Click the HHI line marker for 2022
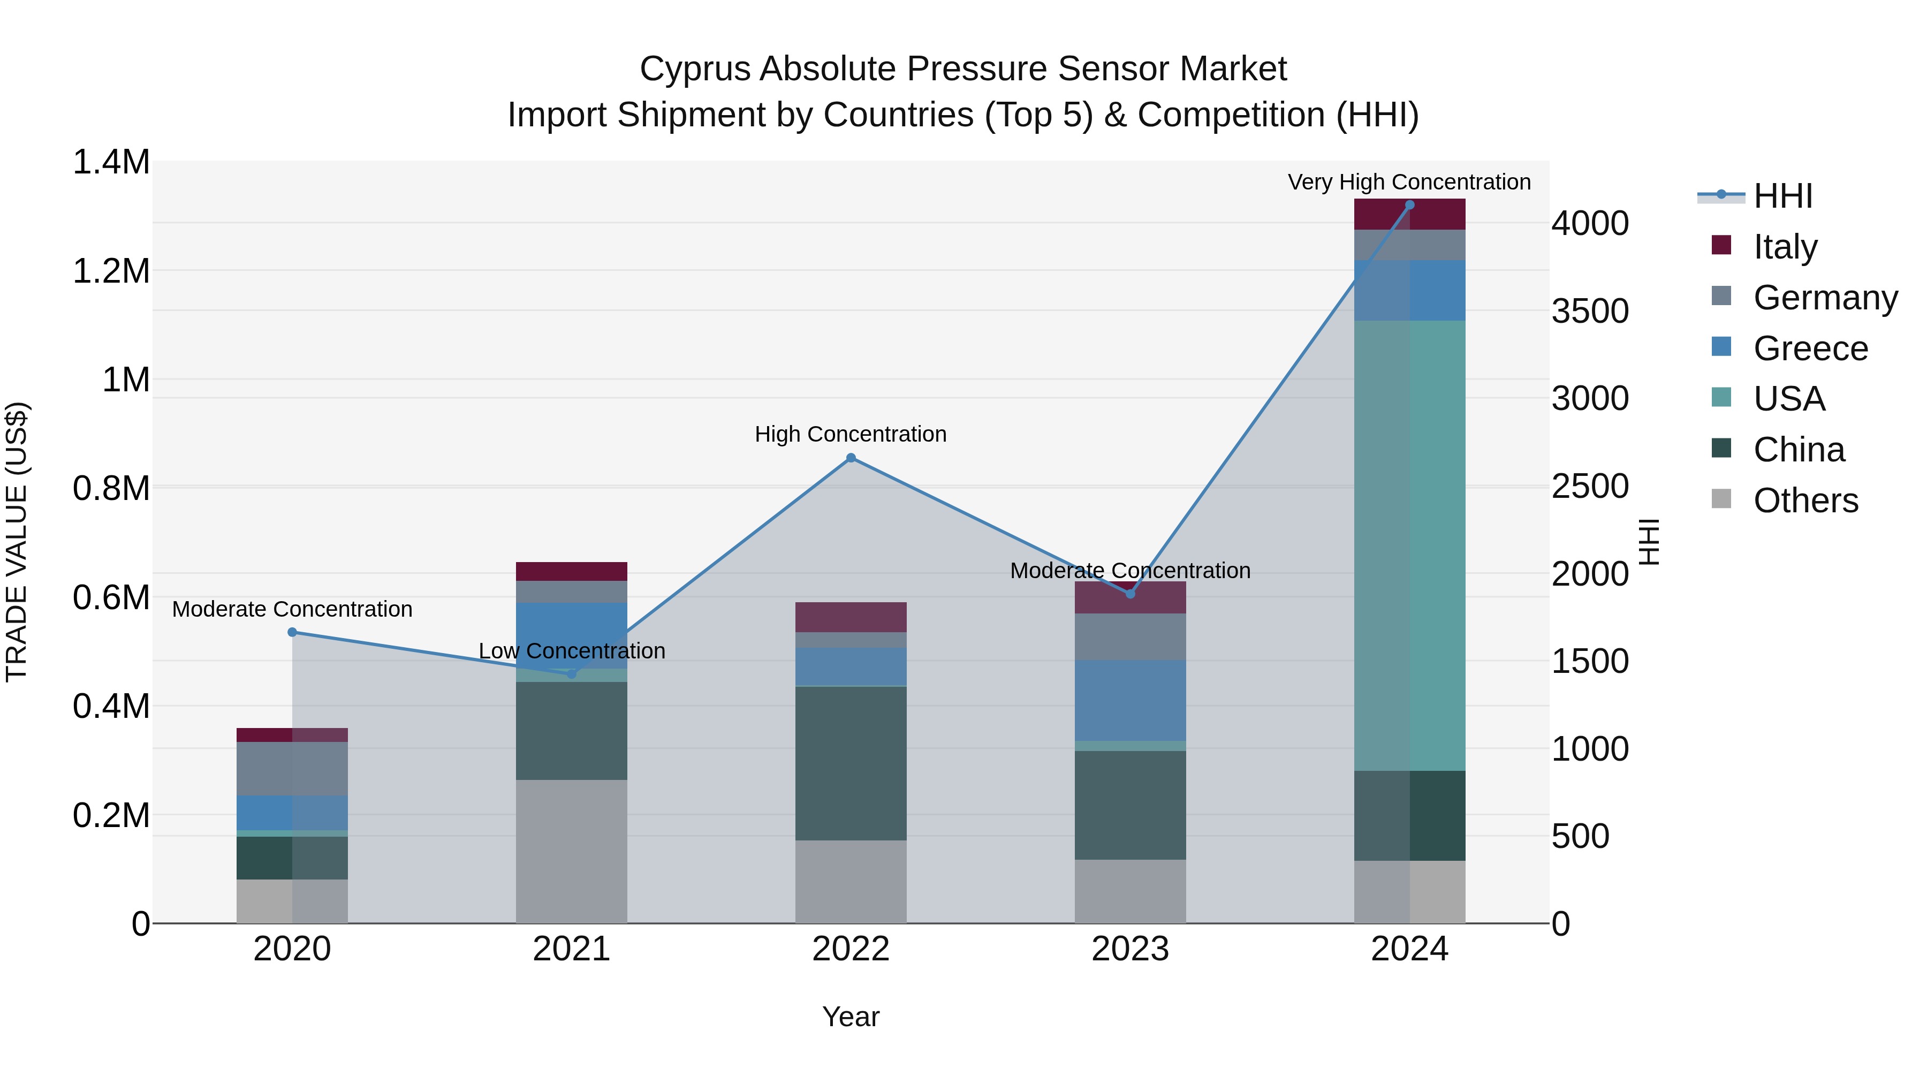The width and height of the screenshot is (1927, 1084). [x=851, y=458]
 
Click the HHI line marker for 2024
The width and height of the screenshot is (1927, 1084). [x=1409, y=205]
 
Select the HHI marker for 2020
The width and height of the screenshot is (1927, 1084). [x=292, y=632]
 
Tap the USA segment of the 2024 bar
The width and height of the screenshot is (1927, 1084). [x=1409, y=546]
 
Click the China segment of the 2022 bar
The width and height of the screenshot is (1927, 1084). [x=851, y=763]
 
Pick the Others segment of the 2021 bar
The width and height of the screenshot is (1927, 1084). [x=572, y=851]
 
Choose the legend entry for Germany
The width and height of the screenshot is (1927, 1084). [x=1825, y=298]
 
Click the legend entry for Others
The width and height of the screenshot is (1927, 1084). [x=1805, y=501]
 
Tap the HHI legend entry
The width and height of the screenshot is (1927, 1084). [x=1782, y=196]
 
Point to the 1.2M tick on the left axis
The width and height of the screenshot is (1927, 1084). [x=111, y=271]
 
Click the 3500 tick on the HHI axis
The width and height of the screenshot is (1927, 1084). [x=1590, y=311]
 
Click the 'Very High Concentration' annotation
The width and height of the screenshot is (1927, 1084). [x=1409, y=182]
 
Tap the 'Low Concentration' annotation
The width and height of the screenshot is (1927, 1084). [x=572, y=651]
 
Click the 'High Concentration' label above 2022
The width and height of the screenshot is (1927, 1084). [x=851, y=434]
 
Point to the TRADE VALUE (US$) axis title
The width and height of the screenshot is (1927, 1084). [x=17, y=542]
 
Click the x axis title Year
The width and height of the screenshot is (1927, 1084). [x=851, y=1017]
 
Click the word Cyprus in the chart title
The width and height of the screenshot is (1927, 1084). [x=694, y=69]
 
